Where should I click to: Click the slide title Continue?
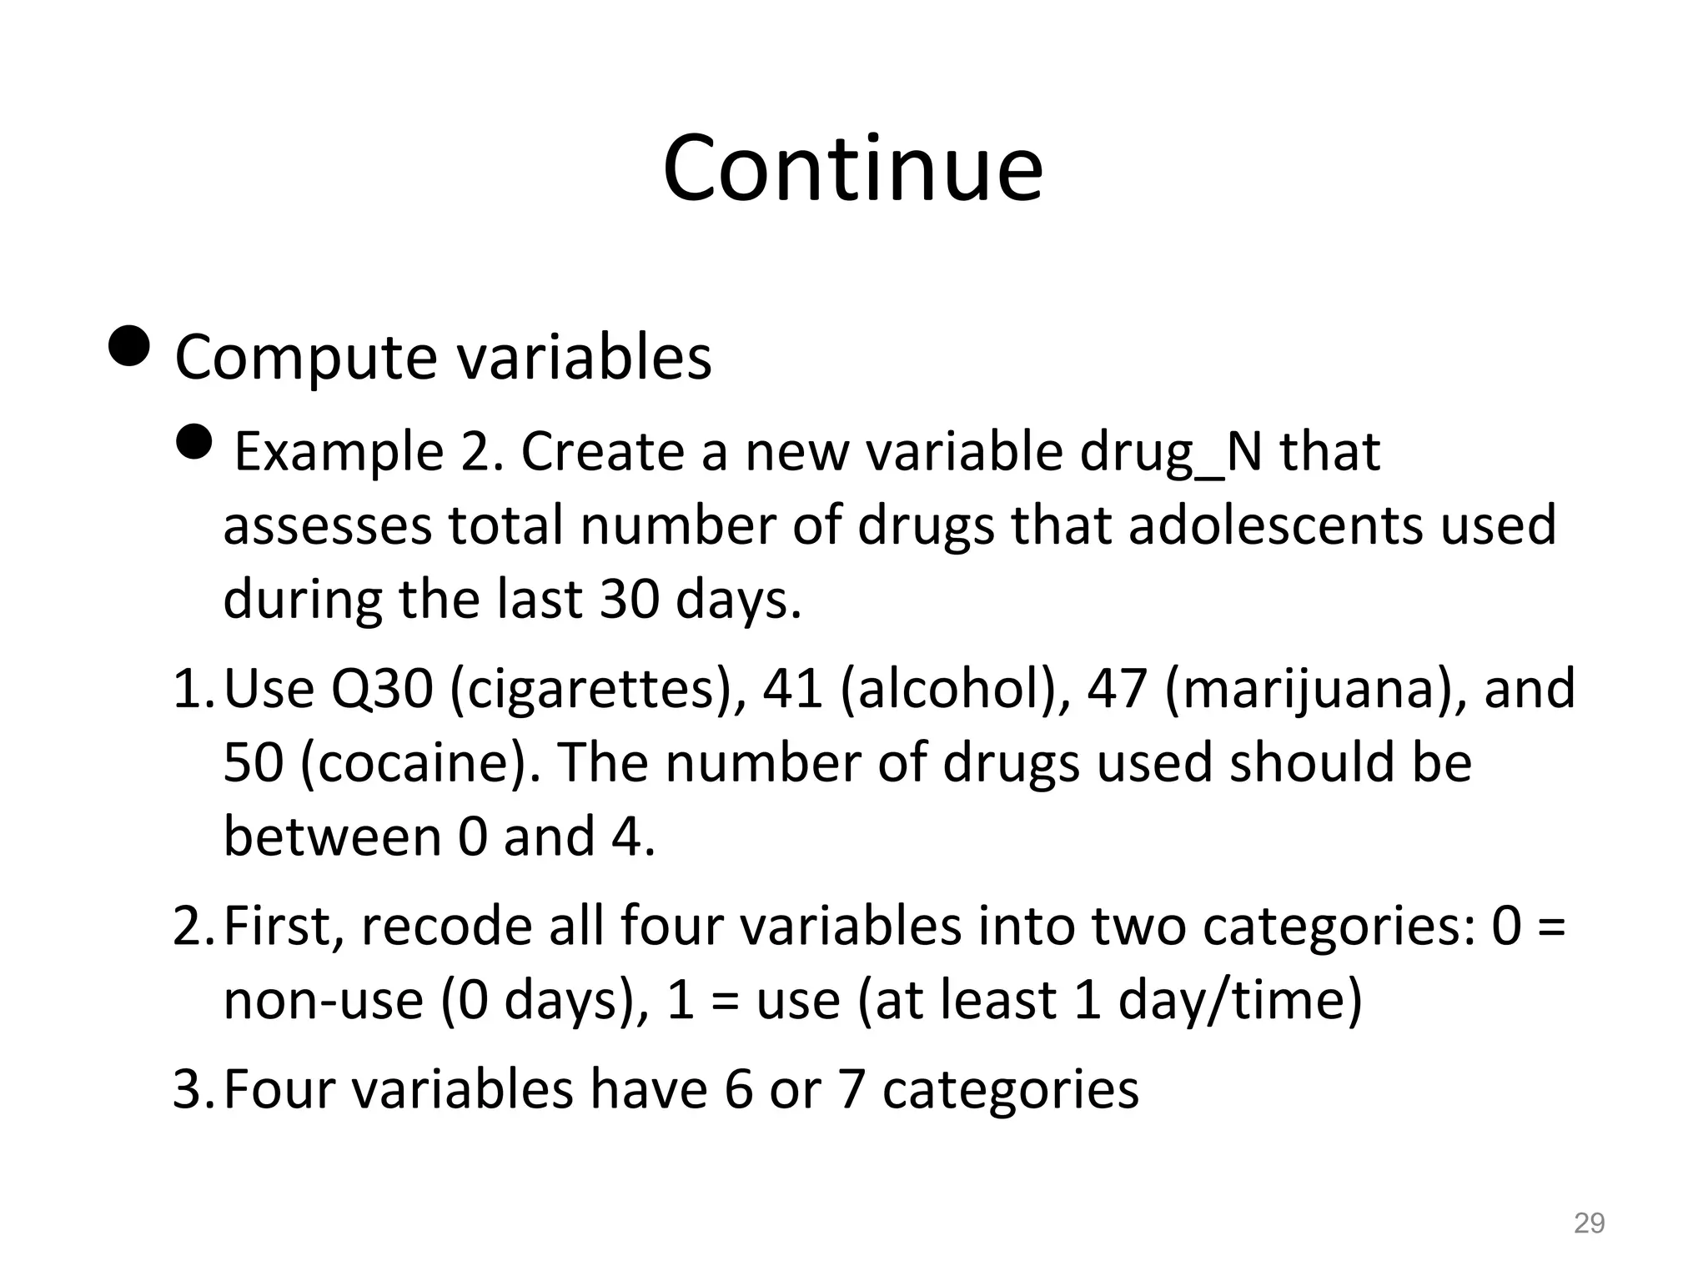852,169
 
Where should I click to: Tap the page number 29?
1589,1223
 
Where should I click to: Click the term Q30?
382,690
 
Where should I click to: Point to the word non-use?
324,1001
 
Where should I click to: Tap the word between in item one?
332,836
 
